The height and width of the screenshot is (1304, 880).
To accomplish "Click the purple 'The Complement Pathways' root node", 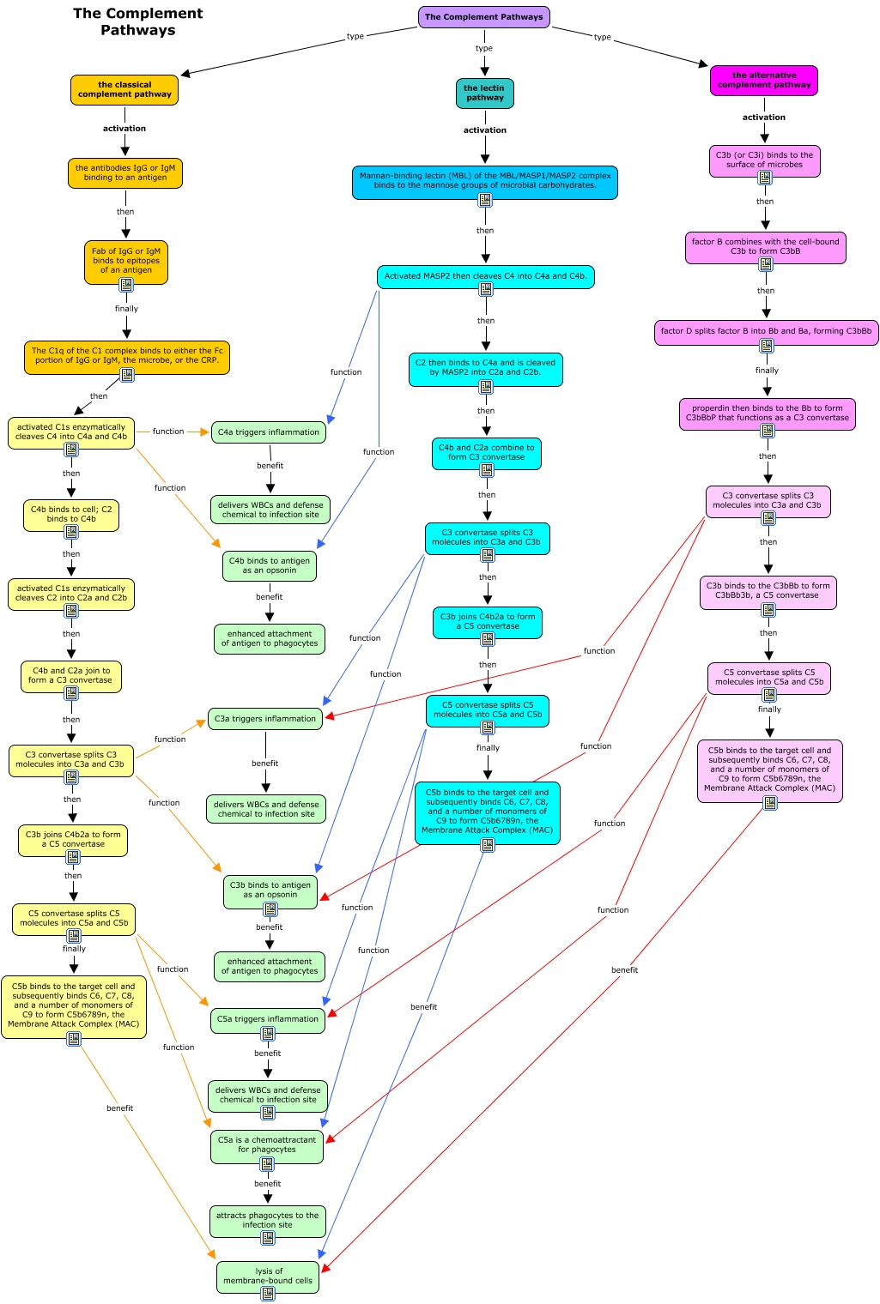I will tap(484, 17).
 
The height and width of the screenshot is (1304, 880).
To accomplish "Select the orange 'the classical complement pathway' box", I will tap(124, 90).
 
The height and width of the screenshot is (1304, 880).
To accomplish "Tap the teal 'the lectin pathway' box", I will tap(484, 94).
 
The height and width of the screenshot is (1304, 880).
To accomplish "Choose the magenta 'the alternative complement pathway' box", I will tap(764, 81).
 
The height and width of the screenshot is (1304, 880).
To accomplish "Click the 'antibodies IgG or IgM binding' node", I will tap(125, 173).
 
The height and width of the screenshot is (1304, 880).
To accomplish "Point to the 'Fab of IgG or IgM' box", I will tap(126, 261).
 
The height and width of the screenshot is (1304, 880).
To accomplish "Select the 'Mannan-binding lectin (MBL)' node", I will tap(485, 180).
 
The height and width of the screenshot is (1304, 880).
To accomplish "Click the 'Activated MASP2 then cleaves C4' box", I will tap(485, 276).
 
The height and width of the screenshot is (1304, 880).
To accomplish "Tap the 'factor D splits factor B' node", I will tap(766, 331).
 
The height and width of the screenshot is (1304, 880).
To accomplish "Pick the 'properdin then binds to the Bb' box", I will tap(767, 414).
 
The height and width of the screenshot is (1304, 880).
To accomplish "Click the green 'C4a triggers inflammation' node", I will tap(269, 432).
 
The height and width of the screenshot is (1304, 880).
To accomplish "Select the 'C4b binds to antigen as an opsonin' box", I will tap(270, 565).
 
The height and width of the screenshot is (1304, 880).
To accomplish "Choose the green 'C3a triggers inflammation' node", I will tap(265, 719).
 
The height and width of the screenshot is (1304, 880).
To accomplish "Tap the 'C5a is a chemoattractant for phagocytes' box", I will tap(267, 1145).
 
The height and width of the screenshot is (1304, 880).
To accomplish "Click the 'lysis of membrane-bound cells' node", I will tap(268, 1276).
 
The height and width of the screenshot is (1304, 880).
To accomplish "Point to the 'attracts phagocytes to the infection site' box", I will tap(267, 1220).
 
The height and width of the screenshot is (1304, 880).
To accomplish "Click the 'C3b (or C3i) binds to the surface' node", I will tap(764, 160).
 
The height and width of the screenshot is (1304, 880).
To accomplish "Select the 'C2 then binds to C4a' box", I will tap(485, 368).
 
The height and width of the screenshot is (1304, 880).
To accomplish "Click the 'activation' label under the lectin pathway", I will tap(485, 130).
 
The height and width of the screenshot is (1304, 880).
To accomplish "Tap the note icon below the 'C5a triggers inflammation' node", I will tap(268, 1035).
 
